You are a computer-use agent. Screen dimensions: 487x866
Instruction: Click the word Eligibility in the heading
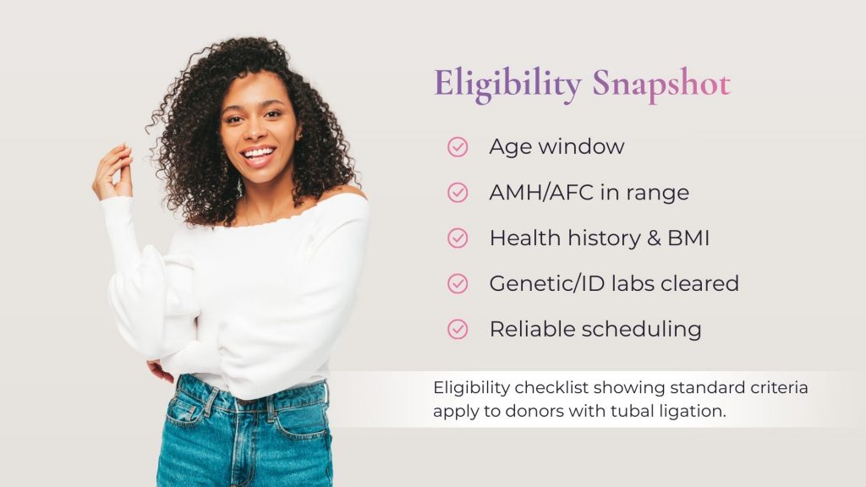tap(507, 85)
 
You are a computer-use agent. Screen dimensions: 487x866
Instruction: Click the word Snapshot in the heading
tap(660, 85)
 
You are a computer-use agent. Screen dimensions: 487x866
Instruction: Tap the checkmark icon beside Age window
tap(458, 147)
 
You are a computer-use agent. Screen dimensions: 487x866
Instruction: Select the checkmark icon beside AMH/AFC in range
tap(458, 193)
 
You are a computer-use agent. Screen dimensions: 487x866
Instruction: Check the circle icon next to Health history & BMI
tap(458, 238)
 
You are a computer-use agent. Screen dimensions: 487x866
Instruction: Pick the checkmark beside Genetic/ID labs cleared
tap(458, 284)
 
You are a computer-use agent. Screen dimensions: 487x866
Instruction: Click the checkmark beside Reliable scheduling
tap(458, 330)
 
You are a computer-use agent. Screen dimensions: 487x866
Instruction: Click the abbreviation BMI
tap(688, 238)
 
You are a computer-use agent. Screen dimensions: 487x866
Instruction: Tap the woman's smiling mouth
tap(257, 155)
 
